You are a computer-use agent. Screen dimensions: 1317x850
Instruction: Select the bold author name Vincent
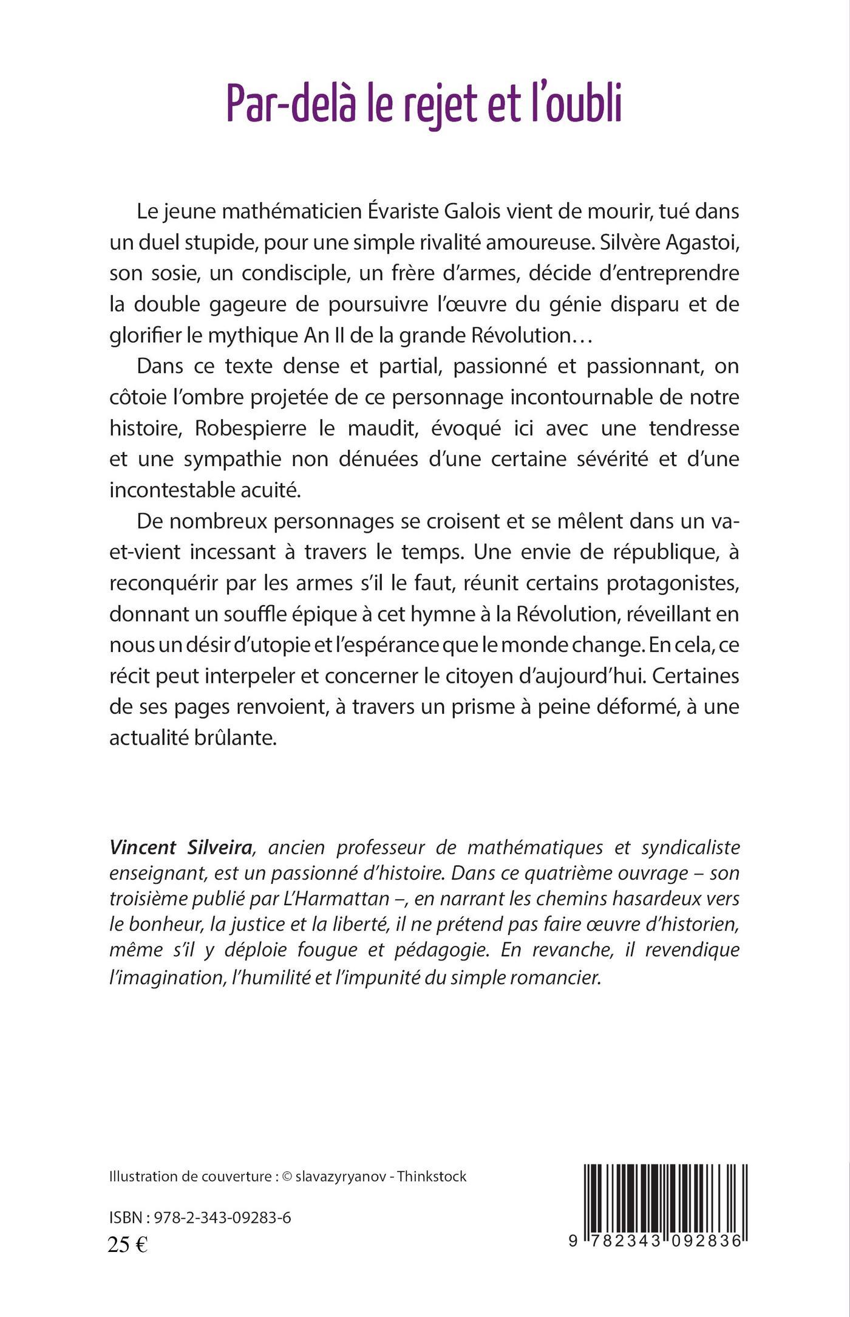tap(143, 847)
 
